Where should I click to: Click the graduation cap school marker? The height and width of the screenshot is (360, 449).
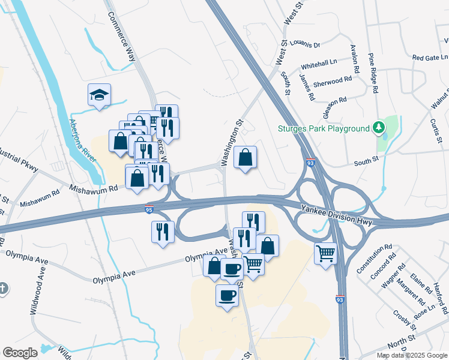pyautogui.click(x=100, y=95)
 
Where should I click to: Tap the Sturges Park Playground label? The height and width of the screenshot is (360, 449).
pyautogui.click(x=323, y=128)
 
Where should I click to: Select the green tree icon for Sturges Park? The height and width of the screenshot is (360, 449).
pyautogui.click(x=378, y=128)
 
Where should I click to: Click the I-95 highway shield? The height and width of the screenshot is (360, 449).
pyautogui.click(x=149, y=208)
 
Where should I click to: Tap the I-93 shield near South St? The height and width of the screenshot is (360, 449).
pyautogui.click(x=310, y=163)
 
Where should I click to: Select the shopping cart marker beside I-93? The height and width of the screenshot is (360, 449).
pyautogui.click(x=325, y=253)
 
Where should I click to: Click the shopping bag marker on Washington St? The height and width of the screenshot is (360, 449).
pyautogui.click(x=245, y=158)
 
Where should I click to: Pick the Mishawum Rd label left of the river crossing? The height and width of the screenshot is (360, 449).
pyautogui.click(x=39, y=203)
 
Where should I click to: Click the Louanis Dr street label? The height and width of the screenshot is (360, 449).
pyautogui.click(x=306, y=44)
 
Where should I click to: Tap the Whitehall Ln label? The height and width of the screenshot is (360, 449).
pyautogui.click(x=319, y=62)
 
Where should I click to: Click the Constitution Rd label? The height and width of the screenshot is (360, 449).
pyautogui.click(x=374, y=257)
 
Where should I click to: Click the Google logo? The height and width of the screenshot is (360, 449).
pyautogui.click(x=20, y=353)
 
